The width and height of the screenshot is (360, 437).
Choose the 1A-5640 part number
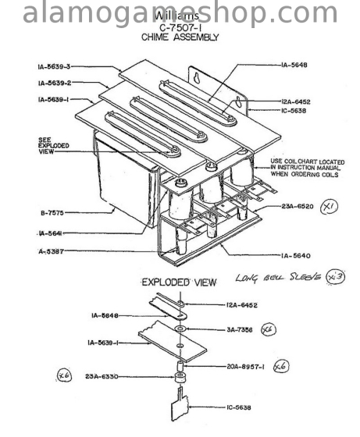pos(297,255)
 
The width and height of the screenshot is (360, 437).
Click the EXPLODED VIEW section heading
pos(178,282)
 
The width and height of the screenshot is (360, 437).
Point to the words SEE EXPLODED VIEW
pos(52,145)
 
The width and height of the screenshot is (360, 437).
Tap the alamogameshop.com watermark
pos(180,13)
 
